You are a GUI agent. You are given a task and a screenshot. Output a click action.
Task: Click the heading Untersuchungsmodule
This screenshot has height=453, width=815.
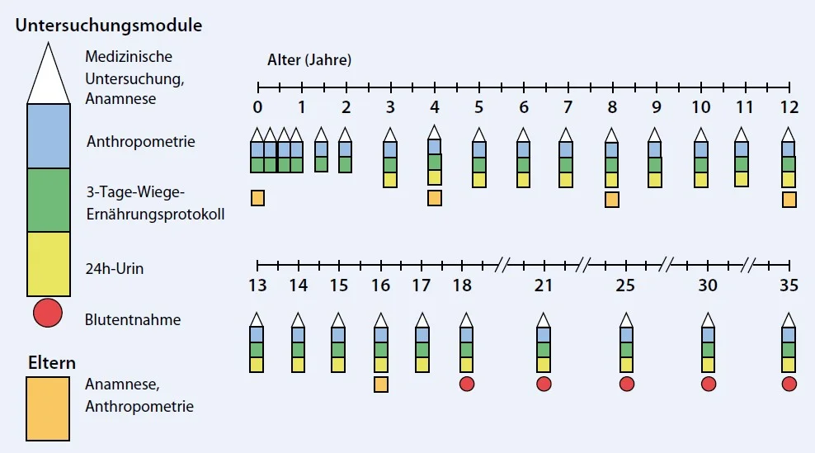[108, 25]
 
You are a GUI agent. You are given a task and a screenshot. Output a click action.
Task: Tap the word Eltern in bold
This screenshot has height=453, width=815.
[51, 362]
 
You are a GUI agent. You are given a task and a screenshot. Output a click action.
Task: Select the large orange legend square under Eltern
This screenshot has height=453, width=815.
[48, 408]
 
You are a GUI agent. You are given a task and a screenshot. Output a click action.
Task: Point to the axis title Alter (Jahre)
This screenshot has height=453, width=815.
[309, 60]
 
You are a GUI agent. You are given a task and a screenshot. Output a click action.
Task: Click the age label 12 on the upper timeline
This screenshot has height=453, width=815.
[789, 107]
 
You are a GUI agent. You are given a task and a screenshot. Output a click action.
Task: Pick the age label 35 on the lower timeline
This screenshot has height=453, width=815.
[789, 285]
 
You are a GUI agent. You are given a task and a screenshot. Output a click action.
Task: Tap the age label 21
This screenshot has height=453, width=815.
[543, 285]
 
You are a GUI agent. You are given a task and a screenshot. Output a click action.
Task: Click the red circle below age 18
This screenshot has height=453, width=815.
[466, 384]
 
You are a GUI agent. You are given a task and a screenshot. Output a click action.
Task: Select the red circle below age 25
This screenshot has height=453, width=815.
[626, 384]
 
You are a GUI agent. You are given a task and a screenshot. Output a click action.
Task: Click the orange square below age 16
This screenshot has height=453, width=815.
[381, 384]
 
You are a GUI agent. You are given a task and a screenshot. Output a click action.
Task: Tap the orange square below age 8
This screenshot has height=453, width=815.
[611, 199]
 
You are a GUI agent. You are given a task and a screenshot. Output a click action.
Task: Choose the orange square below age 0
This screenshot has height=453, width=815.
[257, 198]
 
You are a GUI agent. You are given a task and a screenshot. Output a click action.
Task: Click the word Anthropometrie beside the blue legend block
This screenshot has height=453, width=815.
[140, 141]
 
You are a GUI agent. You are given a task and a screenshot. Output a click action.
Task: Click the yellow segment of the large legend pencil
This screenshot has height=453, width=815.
[48, 263]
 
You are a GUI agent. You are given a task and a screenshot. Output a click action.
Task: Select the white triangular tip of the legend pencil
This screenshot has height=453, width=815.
[48, 78]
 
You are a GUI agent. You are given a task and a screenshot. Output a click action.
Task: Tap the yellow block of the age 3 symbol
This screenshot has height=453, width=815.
[390, 180]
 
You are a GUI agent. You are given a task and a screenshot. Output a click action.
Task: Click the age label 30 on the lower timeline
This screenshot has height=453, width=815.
[707, 285]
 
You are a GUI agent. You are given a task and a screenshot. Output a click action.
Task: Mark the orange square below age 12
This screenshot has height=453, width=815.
[789, 199]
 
